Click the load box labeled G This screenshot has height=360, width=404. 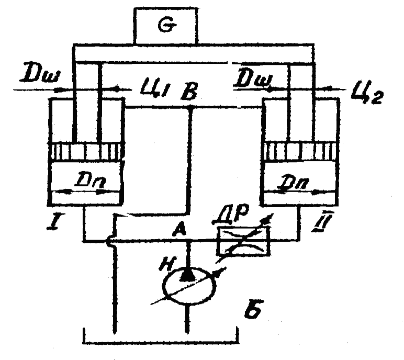tap(166, 26)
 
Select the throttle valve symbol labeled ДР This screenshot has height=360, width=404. tap(243, 242)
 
